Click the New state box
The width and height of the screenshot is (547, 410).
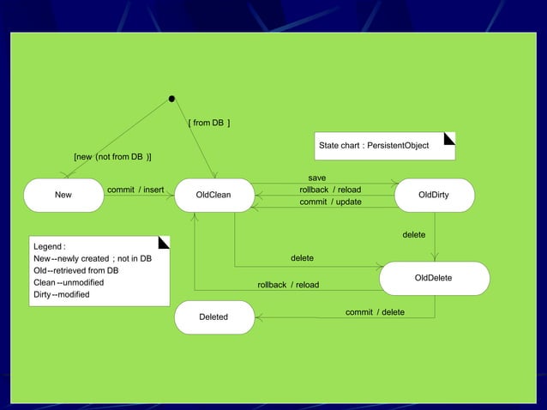(x=63, y=195)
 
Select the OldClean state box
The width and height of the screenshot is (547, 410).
(x=213, y=195)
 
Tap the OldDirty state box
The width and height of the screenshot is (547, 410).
(x=434, y=195)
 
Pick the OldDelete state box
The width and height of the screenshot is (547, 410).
(x=434, y=278)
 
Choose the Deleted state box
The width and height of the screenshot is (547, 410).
(x=213, y=317)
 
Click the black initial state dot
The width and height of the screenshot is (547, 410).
(x=172, y=99)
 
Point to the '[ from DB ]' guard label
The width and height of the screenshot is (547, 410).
(x=208, y=124)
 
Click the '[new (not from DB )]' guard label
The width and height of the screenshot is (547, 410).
(x=113, y=157)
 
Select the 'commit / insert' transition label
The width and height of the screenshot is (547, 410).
(x=135, y=190)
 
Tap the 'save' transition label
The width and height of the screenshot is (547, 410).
(x=316, y=178)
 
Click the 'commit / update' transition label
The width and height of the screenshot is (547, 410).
(x=330, y=202)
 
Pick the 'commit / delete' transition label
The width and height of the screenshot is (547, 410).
(x=375, y=312)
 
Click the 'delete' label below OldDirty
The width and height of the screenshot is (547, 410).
(x=414, y=235)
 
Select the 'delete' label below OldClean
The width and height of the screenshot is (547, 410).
(x=302, y=258)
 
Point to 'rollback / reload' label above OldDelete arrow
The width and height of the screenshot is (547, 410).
(x=288, y=285)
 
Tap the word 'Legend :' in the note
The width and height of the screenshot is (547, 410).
(x=50, y=247)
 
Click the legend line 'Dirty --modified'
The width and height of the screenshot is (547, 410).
(x=61, y=295)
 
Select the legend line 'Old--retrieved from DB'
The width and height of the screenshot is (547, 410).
(x=75, y=271)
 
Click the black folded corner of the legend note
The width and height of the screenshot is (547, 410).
(x=165, y=241)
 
